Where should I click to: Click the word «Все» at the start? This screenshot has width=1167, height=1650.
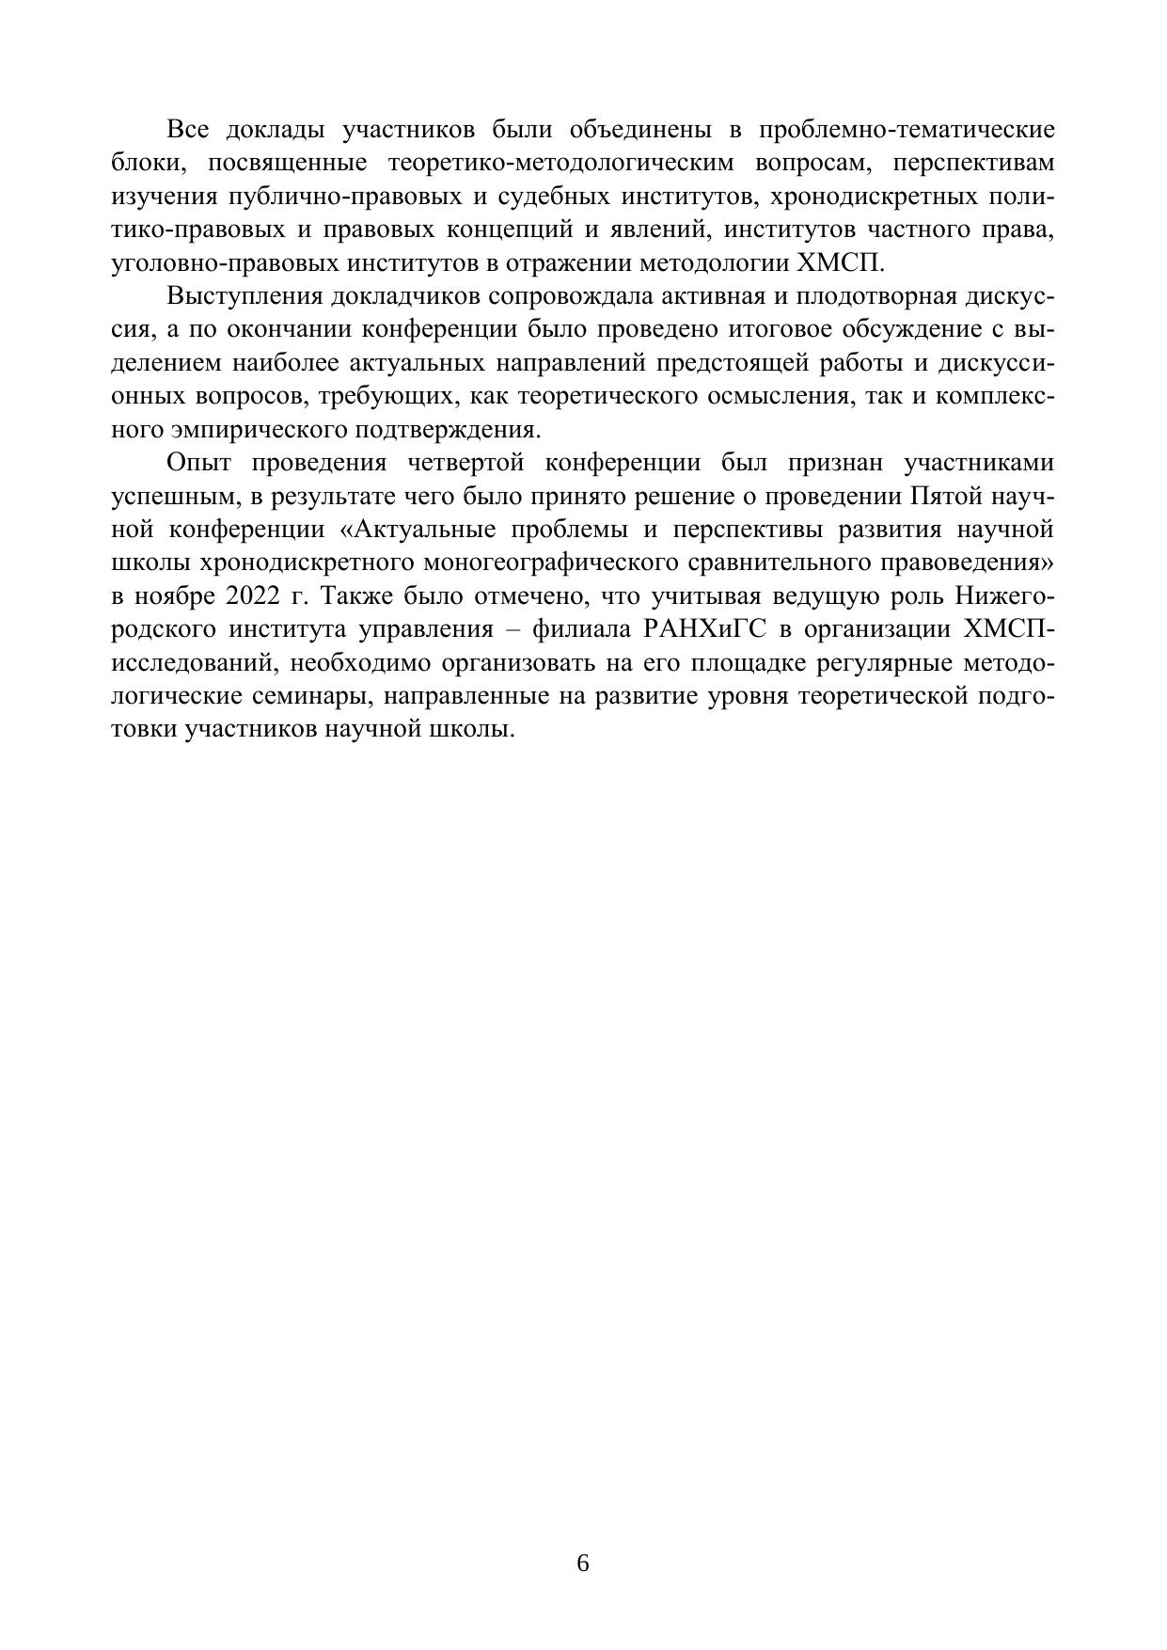point(187,129)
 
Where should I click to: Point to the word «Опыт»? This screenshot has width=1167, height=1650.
point(197,464)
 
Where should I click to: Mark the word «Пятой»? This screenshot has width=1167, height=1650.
point(946,498)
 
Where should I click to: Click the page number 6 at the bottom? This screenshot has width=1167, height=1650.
point(583,1484)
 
